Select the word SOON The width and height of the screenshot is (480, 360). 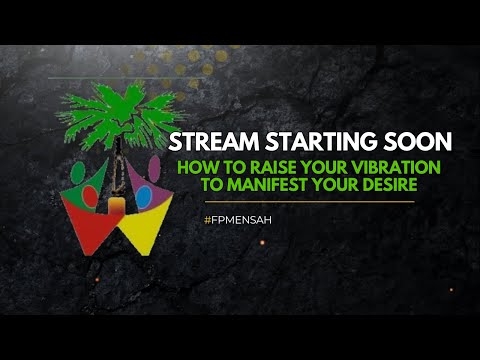click(x=412, y=140)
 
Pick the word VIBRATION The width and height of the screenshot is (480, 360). click(x=382, y=168)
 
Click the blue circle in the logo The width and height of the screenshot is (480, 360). click(x=142, y=192)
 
